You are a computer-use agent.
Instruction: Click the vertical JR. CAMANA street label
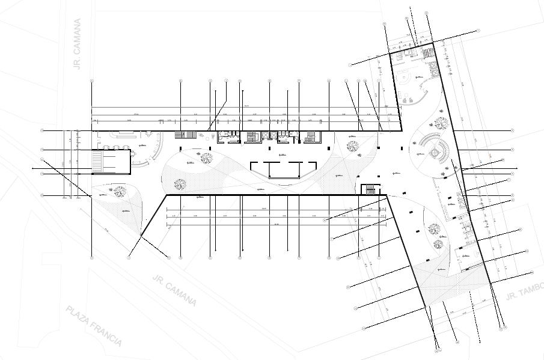pyautogui.click(x=78, y=44)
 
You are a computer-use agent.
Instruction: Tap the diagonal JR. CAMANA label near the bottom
pyautogui.click(x=175, y=290)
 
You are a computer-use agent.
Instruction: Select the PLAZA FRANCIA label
pyautogui.click(x=94, y=326)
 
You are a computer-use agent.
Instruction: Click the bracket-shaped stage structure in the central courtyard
pyautogui.click(x=283, y=170)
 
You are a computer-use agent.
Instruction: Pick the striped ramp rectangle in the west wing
pyautogui.click(x=111, y=162)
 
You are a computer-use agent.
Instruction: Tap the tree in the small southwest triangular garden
pyautogui.click(x=120, y=192)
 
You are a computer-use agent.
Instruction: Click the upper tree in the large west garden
pyautogui.click(x=206, y=159)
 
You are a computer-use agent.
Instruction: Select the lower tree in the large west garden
pyautogui.click(x=179, y=185)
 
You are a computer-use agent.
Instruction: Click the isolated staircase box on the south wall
pyautogui.click(x=370, y=189)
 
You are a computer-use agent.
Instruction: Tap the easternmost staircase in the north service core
pyautogui.click(x=311, y=137)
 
